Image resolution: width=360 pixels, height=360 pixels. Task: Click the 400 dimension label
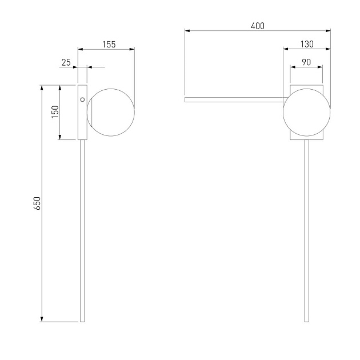pos(258,26)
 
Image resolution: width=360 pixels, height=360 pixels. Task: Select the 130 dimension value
pos(307,44)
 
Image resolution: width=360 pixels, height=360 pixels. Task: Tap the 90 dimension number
pos(306,62)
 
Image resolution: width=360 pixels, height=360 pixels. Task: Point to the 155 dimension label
pos(109,45)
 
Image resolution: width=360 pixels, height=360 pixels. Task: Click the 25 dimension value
pos(66,62)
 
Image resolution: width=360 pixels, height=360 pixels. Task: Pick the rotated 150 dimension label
pos(55,112)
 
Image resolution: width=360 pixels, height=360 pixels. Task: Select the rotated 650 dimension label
pos(37,203)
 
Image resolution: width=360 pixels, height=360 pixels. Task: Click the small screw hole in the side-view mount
pos(82,99)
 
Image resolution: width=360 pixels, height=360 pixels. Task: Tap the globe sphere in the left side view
pos(111,112)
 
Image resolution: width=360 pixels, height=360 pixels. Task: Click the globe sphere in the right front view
pos(306,112)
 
